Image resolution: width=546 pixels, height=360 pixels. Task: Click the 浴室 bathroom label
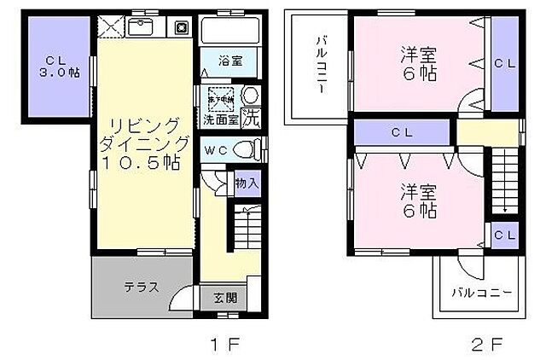tap(229, 62)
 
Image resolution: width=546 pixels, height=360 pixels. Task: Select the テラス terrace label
tap(141, 287)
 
